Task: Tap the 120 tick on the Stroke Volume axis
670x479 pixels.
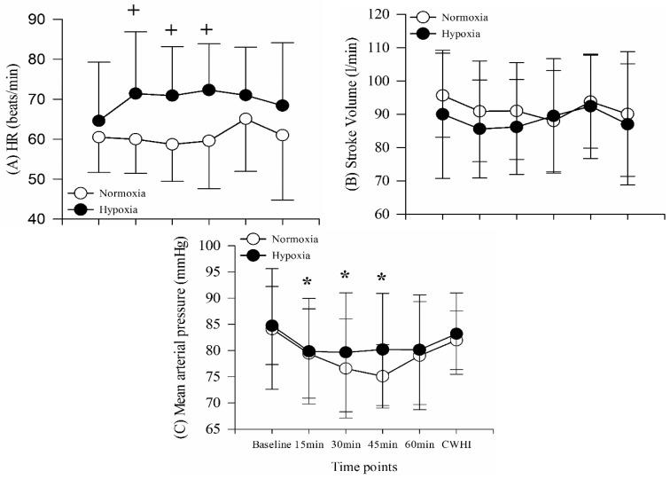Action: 385,14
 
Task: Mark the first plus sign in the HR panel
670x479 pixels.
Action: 135,11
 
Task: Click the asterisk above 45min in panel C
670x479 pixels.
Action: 381,279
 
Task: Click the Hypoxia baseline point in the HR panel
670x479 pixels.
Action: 98,121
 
